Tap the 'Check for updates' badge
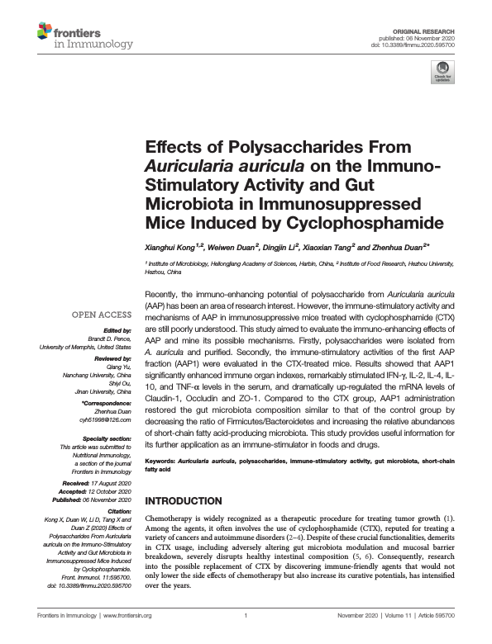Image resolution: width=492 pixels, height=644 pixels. (444, 72)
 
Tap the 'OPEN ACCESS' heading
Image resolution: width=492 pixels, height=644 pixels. (101, 315)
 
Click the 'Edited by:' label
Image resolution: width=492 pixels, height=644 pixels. (116, 329)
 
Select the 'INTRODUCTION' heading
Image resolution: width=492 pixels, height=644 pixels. (188, 501)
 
